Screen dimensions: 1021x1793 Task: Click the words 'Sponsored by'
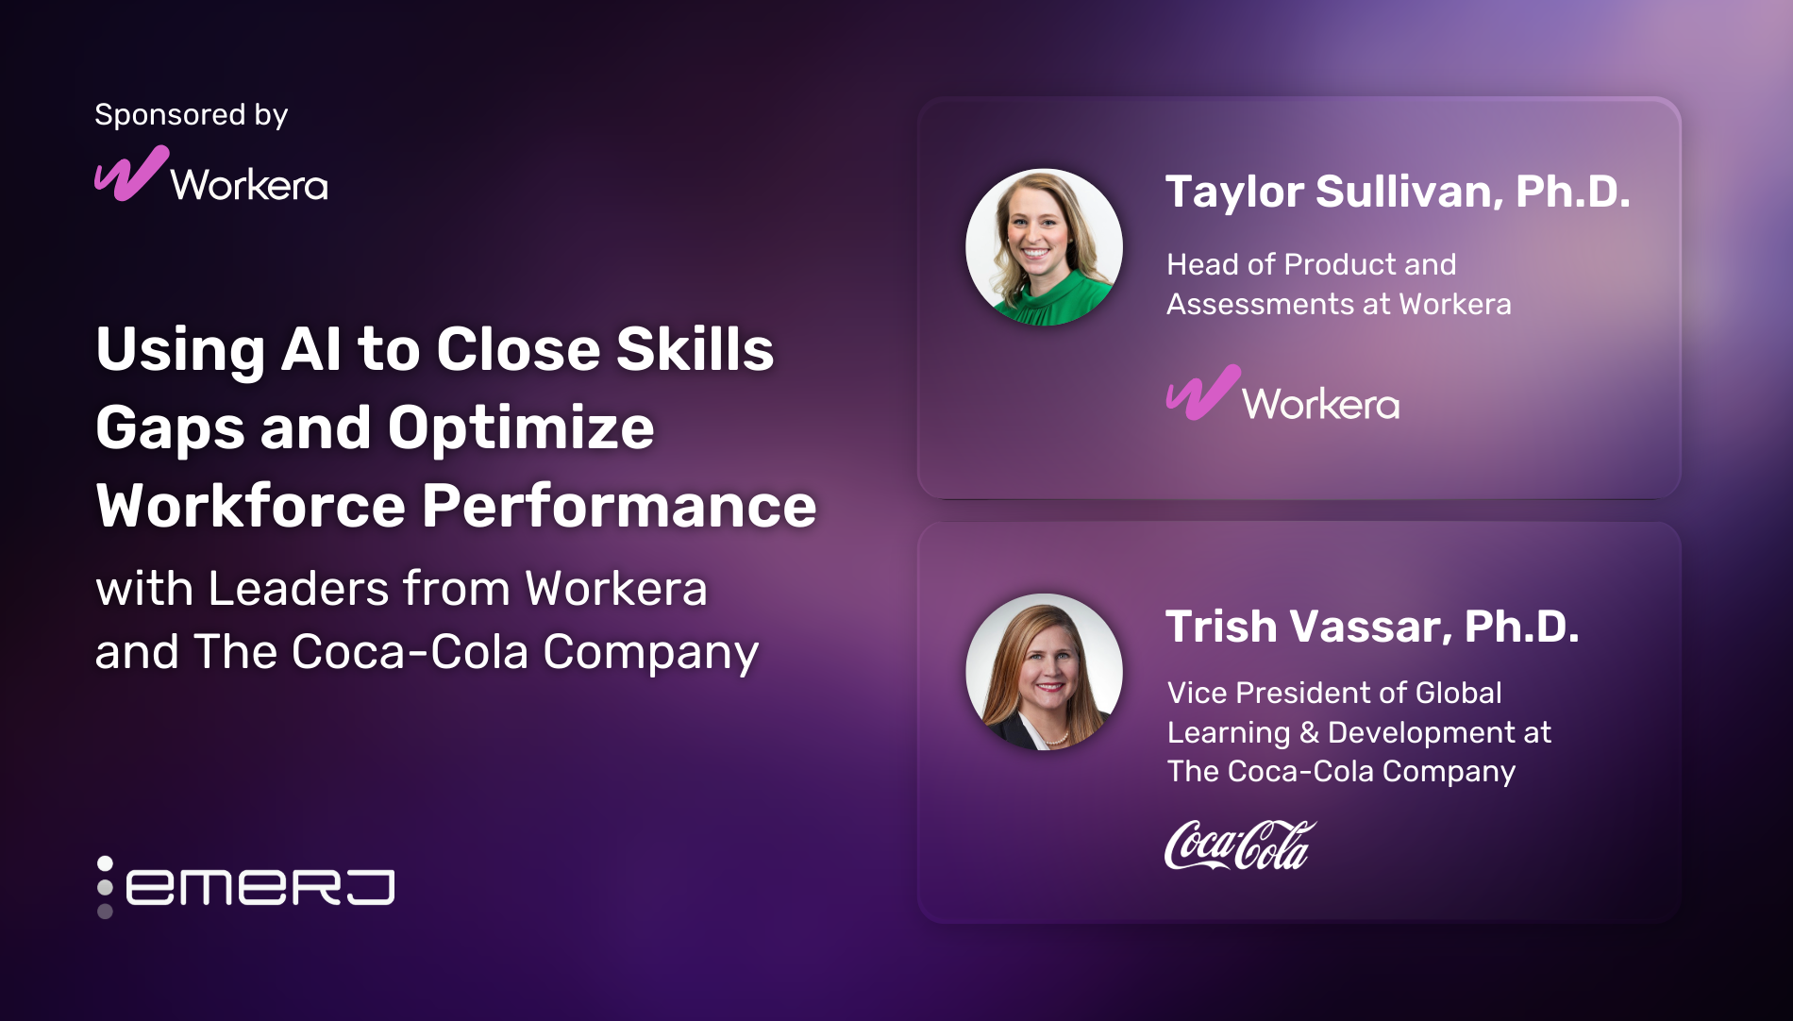[x=191, y=115]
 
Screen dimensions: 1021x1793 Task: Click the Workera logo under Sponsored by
[x=211, y=176]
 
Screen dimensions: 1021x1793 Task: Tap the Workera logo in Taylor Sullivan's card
[x=1282, y=394]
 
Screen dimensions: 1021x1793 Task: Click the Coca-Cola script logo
[x=1239, y=845]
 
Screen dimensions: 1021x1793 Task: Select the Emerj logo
[x=247, y=886]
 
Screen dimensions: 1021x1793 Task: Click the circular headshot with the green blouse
[x=1044, y=247]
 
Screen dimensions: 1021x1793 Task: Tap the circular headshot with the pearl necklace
[x=1044, y=672]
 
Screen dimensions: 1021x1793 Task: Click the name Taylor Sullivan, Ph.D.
[x=1397, y=192]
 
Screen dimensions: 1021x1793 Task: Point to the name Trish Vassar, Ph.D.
[x=1371, y=627]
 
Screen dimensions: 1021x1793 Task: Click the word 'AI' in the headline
[x=312, y=349]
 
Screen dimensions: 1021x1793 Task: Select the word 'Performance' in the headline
[x=618, y=506]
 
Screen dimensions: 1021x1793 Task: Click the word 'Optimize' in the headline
[x=520, y=428]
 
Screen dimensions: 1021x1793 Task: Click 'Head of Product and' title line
[x=1311, y=264]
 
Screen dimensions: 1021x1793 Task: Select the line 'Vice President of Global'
[x=1333, y=693]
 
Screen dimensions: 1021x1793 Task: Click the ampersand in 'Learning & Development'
[x=1308, y=733]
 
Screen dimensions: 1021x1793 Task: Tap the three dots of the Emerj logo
[x=105, y=887]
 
